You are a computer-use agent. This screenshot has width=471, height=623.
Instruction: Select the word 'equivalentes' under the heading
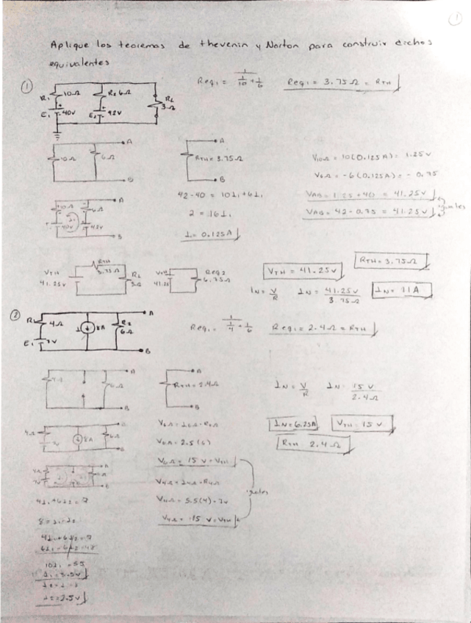[x=80, y=63]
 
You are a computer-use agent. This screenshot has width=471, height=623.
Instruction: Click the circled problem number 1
[x=26, y=87]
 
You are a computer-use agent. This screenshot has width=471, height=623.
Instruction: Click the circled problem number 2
[x=15, y=316]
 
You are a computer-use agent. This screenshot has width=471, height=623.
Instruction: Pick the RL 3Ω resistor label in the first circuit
[x=168, y=104]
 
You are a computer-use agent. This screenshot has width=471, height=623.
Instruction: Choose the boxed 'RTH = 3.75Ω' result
[x=392, y=261]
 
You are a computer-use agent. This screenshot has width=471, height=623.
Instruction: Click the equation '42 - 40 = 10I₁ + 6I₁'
[x=221, y=195]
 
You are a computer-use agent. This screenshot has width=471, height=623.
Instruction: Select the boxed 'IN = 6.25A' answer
[x=294, y=425]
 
